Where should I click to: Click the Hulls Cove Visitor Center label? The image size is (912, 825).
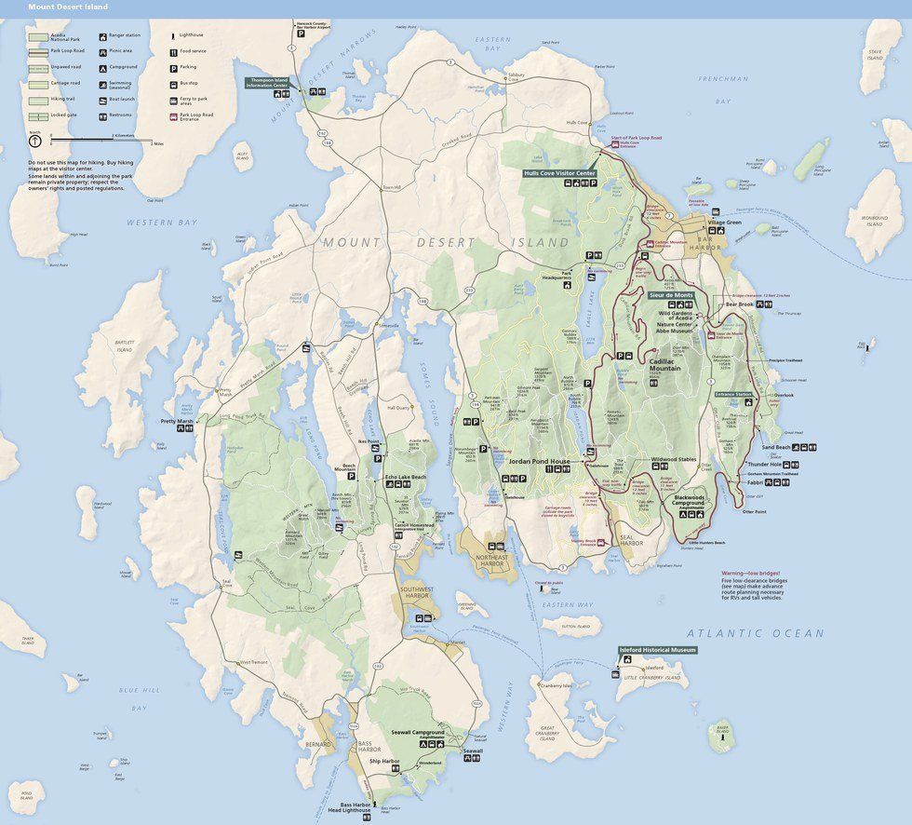click(559, 173)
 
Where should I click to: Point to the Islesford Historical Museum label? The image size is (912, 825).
click(657, 649)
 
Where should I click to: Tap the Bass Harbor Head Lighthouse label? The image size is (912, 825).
click(355, 807)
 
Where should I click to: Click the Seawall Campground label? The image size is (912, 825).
click(420, 733)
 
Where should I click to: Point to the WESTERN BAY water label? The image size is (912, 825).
click(162, 223)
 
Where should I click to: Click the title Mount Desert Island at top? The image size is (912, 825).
click(67, 7)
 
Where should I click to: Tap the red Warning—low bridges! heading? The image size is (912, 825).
click(751, 574)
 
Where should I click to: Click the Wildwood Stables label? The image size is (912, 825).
click(674, 459)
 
